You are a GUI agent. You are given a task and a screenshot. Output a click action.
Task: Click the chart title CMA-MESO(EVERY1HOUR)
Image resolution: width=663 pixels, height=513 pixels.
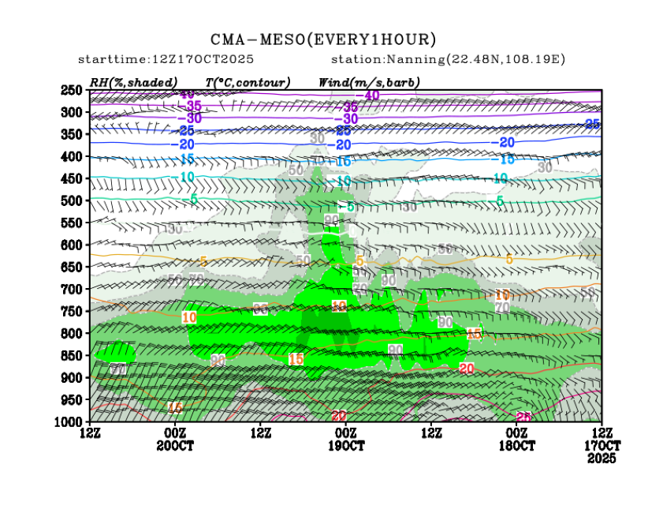click(323, 39)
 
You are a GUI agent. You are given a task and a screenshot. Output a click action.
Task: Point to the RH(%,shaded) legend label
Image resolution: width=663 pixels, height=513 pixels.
click(133, 82)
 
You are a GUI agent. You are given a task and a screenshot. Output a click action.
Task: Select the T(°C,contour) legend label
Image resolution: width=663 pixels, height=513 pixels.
click(248, 82)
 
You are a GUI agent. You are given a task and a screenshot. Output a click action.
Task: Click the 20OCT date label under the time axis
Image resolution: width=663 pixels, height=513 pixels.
click(175, 445)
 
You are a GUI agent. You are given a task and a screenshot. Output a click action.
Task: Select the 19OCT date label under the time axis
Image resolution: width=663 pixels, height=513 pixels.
click(346, 445)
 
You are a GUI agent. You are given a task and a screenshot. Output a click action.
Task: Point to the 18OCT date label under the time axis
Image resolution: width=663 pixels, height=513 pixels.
click(516, 445)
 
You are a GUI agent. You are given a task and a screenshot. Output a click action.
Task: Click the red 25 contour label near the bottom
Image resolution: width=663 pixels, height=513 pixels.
click(522, 417)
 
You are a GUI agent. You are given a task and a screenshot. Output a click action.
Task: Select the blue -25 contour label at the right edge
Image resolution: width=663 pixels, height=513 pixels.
click(593, 124)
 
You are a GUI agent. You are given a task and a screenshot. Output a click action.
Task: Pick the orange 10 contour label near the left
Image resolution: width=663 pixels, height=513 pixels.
click(189, 317)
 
